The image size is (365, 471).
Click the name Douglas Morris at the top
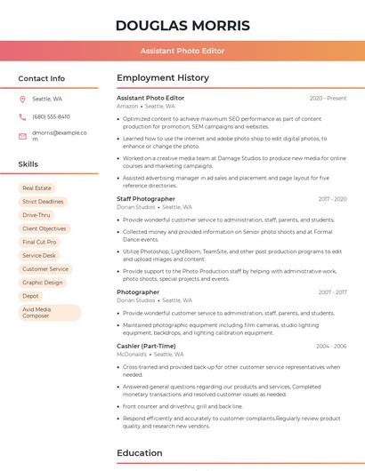(182, 25)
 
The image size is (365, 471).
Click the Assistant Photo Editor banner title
(182, 51)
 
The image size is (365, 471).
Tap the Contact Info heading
(42, 78)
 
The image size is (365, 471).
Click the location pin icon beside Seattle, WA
(22, 100)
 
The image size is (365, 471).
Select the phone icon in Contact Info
(22, 116)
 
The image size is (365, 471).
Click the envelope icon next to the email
(22, 136)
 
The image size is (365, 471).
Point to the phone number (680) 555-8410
(51, 116)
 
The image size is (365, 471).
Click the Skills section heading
(28, 164)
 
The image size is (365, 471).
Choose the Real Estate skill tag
(36, 188)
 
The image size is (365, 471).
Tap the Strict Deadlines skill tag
(43, 202)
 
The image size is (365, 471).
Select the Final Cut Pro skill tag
(39, 242)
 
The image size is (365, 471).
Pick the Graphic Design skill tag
(42, 283)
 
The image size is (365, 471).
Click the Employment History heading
(163, 78)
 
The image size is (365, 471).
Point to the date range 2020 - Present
(328, 98)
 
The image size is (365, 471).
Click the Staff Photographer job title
(146, 199)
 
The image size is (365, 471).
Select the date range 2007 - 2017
(332, 199)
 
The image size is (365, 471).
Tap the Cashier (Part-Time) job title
(146, 346)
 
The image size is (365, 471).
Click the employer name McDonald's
(132, 354)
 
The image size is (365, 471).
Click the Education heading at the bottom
(139, 452)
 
